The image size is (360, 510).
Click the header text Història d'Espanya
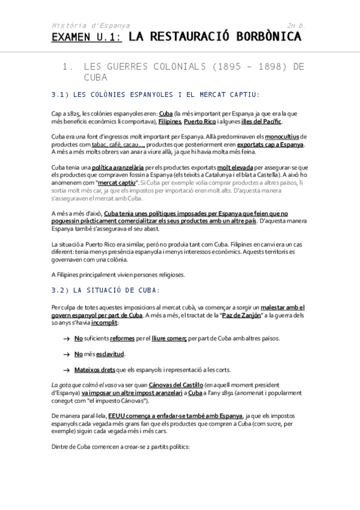[x=90, y=26]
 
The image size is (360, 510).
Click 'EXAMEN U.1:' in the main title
[x=87, y=38]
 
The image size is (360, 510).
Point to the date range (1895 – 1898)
[x=232, y=67]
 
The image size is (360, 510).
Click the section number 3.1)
[x=62, y=94]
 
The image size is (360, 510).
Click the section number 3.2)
[x=62, y=290]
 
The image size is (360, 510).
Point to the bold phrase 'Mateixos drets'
[x=95, y=369]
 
